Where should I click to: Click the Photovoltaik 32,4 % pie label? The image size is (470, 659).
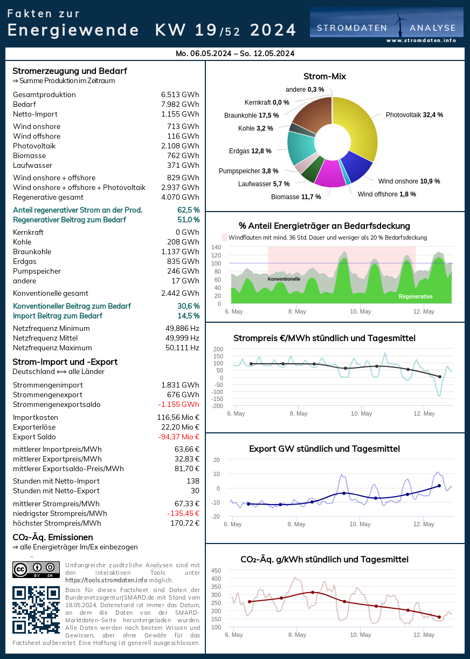[414, 115]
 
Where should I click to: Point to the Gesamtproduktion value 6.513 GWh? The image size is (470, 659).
[180, 95]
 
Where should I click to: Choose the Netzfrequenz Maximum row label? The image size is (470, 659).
[52, 348]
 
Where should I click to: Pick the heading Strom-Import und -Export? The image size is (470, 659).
[65, 362]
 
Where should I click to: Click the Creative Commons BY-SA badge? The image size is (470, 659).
[36, 569]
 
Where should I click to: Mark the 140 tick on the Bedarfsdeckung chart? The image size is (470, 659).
[216, 247]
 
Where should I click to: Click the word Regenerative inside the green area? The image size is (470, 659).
[416, 297]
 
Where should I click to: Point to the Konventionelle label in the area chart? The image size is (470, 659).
[284, 279]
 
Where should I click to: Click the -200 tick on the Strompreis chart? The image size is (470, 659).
[217, 406]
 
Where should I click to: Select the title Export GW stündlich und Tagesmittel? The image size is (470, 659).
[324, 449]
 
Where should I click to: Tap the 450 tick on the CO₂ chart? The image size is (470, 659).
[216, 570]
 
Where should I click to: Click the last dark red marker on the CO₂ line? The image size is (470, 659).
[439, 617]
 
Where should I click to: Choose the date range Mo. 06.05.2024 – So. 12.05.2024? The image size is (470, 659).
[235, 53]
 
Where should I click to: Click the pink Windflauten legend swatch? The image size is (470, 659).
[225, 237]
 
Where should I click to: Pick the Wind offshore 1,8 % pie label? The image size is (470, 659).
[386, 194]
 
